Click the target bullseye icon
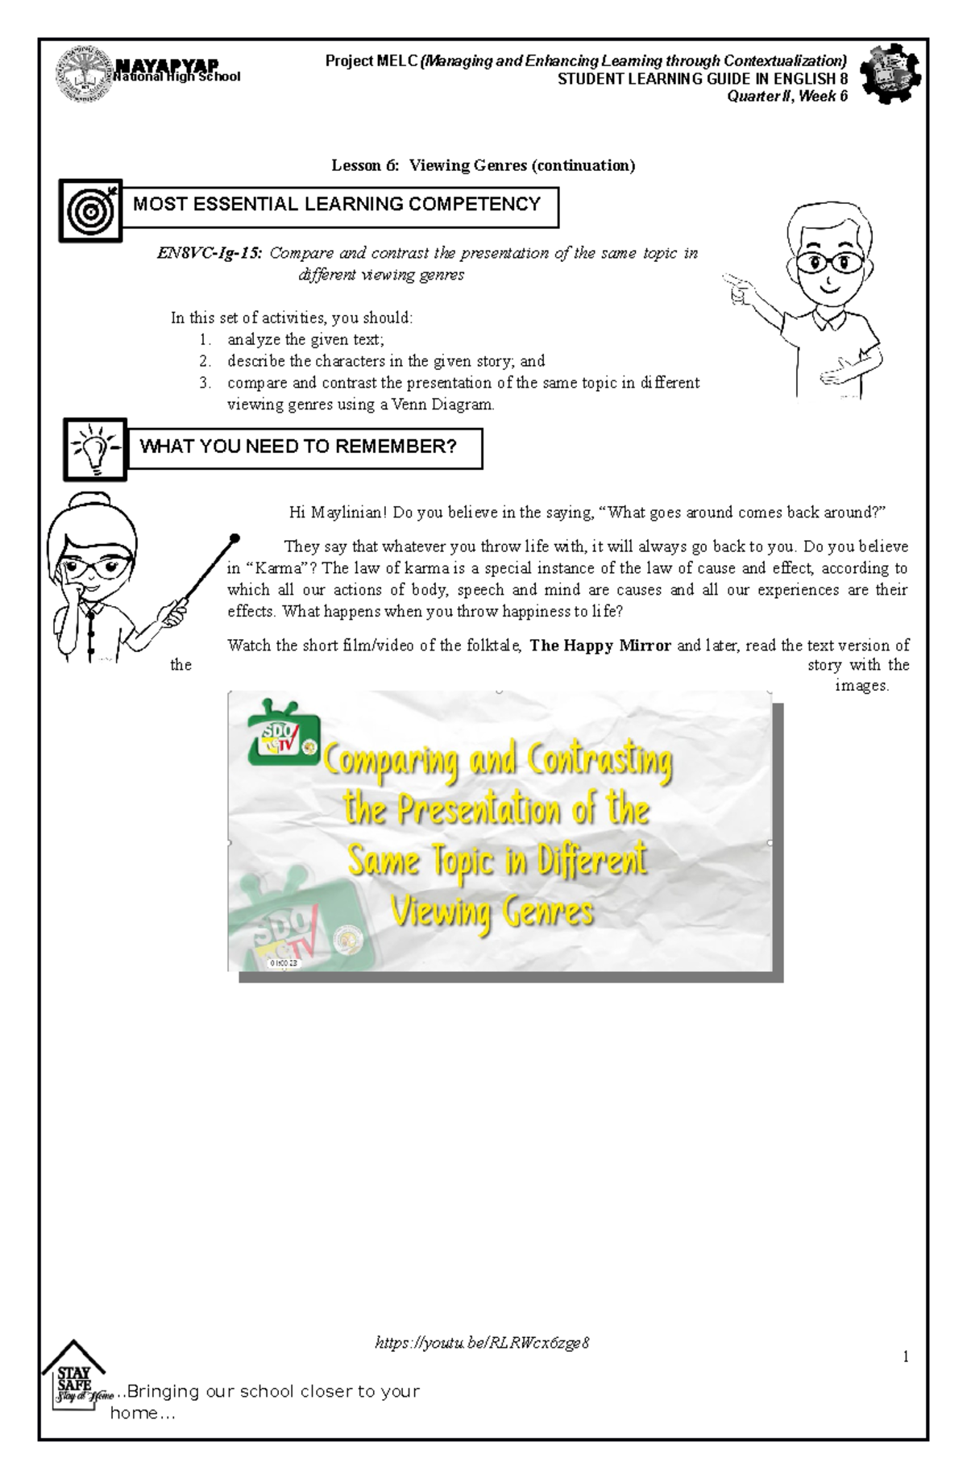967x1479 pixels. point(90,211)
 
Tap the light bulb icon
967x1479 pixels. point(95,449)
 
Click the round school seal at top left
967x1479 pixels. point(83,75)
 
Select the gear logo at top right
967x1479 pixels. point(890,74)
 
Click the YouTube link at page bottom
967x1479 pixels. point(482,1343)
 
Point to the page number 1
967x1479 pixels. point(906,1356)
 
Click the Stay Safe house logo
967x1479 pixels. point(74,1377)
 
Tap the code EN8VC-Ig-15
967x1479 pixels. point(209,253)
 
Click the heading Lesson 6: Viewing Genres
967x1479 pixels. point(483,165)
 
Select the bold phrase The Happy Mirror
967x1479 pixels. point(600,646)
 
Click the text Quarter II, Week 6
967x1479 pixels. point(787,97)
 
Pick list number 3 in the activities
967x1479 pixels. point(205,383)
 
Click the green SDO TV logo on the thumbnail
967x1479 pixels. point(283,733)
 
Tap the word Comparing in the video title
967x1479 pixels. point(391,760)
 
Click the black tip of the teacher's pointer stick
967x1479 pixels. point(234,538)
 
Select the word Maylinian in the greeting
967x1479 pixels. point(349,513)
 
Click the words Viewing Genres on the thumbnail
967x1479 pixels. point(492,913)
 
